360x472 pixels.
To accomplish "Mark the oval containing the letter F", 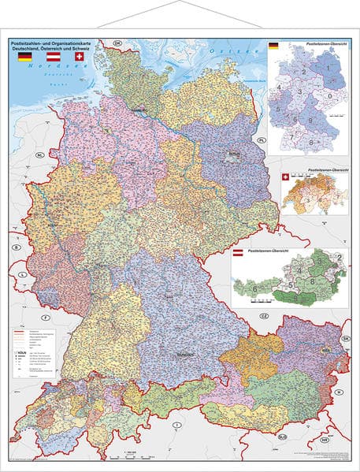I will pyautogui.click(x=46, y=317).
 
